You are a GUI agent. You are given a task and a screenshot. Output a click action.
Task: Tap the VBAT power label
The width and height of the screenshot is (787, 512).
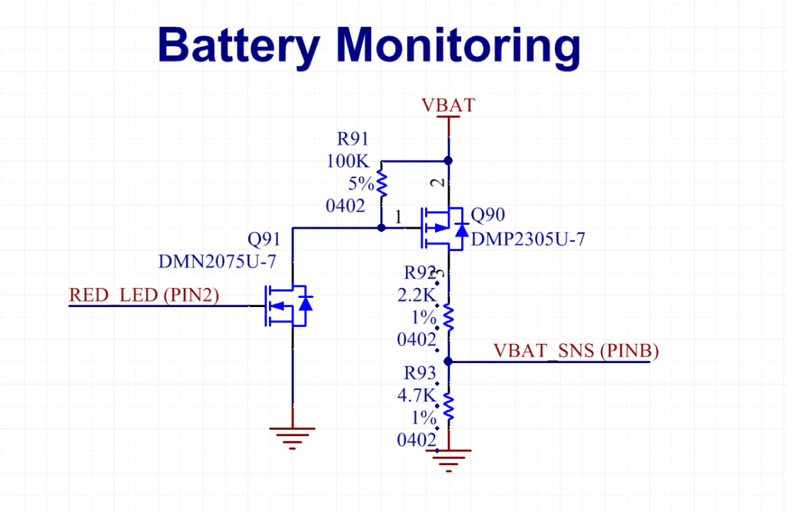[448, 105]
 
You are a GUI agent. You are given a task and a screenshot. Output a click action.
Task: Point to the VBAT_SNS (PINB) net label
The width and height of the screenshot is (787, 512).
[576, 351]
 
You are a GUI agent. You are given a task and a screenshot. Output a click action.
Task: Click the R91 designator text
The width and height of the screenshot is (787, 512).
[354, 139]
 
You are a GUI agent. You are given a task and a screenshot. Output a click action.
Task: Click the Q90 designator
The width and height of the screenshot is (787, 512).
[489, 214]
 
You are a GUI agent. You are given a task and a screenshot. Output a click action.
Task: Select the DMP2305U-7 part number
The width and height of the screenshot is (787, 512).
[529, 239]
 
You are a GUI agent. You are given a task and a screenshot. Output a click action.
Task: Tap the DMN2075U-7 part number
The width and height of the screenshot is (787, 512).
[216, 262]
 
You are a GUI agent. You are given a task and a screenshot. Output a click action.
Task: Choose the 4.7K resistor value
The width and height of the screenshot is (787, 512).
[416, 396]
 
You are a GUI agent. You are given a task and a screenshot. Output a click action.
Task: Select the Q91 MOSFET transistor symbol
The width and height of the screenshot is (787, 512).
[287, 306]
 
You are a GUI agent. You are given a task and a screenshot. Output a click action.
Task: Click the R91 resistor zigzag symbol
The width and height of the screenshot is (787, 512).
[381, 183]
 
